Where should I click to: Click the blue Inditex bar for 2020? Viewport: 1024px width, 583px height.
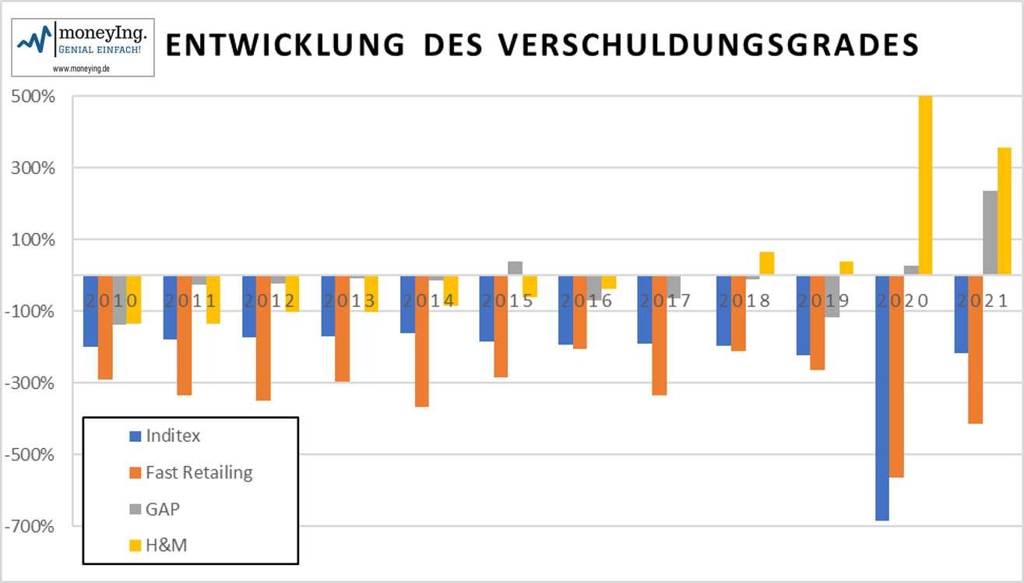(882, 397)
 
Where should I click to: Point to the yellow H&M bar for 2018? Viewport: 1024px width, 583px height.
(767, 263)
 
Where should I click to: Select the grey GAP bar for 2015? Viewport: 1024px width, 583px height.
(515, 267)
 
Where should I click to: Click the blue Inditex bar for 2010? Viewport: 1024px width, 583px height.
(90, 311)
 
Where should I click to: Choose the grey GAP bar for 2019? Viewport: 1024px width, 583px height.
(832, 296)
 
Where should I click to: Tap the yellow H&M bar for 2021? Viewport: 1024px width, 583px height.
(1005, 210)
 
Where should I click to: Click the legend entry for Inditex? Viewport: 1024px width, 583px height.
(172, 436)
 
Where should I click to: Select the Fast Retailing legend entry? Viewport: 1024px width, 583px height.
(199, 472)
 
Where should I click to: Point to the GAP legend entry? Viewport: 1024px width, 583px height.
(163, 509)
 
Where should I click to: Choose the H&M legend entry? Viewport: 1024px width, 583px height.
(166, 546)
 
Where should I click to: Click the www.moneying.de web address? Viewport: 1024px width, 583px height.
(80, 69)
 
